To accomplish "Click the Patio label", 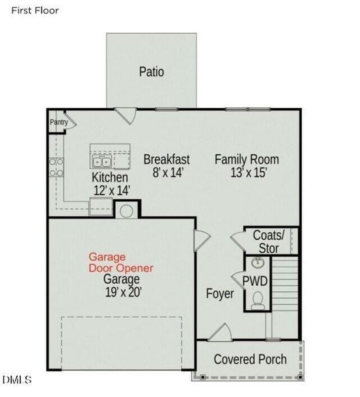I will (152, 71).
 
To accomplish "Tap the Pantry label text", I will (59, 122).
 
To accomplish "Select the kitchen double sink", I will (101, 161).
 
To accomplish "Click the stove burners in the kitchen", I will (56, 166).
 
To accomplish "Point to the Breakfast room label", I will (166, 159).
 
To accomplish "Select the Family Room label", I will (246, 159).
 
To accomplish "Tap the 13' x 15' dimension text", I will (246, 173).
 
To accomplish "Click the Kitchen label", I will (110, 177).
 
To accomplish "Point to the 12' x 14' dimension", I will (111, 191).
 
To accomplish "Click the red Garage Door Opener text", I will (121, 262).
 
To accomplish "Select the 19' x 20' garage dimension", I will (121, 290).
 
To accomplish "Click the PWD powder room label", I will (255, 281).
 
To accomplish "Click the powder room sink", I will (257, 263).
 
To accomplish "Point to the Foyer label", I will (220, 293).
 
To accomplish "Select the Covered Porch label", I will (250, 359).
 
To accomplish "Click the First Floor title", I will (35, 11).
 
